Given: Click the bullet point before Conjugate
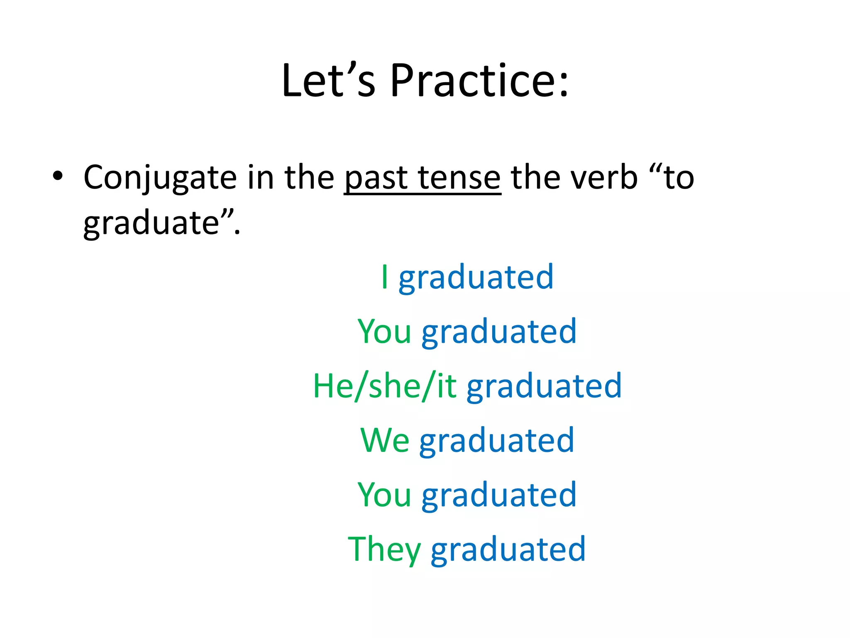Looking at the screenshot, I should click(x=58, y=176).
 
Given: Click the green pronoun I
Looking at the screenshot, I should click(x=385, y=277).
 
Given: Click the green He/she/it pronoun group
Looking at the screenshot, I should click(x=385, y=386).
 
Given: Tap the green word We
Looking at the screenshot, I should click(x=385, y=440).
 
